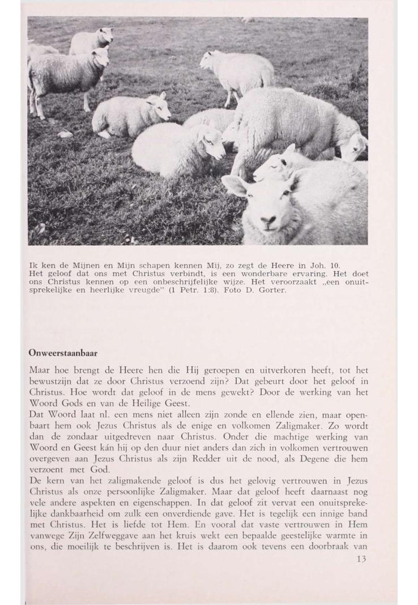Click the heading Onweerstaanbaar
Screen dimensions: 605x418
pos(63,352)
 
